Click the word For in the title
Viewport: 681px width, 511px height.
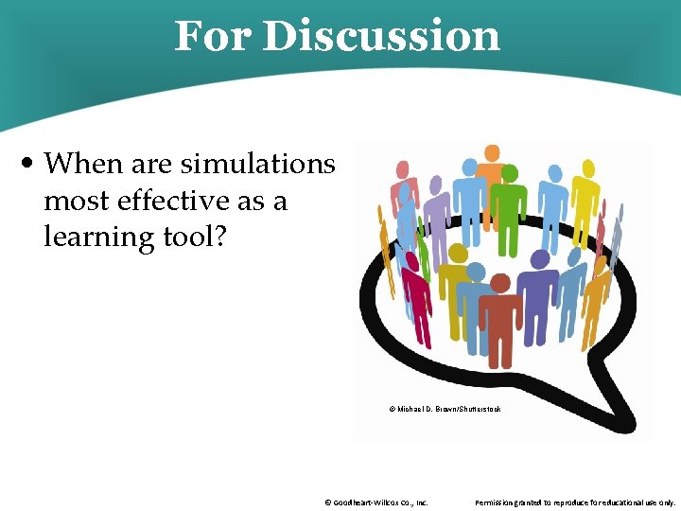point(212,36)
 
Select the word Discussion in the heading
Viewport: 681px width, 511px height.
point(380,36)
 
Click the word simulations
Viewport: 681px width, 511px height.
point(257,164)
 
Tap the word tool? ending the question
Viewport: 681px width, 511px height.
point(195,237)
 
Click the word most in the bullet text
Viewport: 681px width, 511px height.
point(75,201)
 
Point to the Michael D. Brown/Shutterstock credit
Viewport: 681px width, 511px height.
point(445,409)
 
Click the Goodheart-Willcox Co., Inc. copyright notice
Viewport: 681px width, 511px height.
point(375,502)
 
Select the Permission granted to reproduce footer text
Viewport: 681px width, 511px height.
point(575,502)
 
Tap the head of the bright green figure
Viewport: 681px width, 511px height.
point(510,174)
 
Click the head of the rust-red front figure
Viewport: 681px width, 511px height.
point(500,283)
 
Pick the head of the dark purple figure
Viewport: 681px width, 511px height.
point(541,259)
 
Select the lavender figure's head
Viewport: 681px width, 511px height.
point(435,185)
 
